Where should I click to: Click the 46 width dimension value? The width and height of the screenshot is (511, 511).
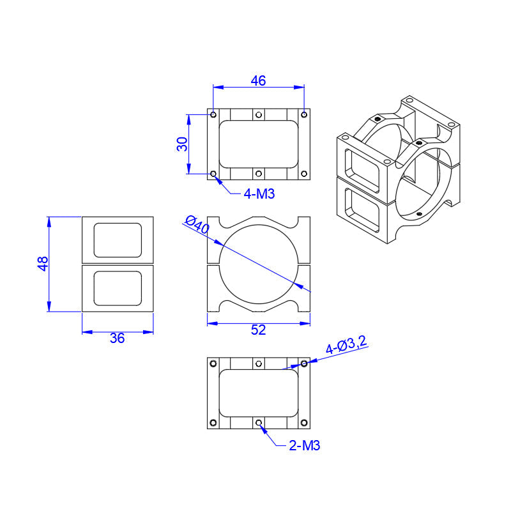point(258,80)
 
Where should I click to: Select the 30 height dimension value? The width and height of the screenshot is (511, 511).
point(183,144)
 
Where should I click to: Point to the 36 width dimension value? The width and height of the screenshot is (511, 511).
point(117,339)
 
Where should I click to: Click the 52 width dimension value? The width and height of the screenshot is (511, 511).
point(258,330)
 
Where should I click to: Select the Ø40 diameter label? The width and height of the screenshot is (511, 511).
point(197,224)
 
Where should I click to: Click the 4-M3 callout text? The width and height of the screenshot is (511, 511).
point(259,194)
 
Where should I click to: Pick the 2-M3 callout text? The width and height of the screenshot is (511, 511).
point(304,446)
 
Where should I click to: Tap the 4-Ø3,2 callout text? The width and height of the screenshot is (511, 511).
point(346,346)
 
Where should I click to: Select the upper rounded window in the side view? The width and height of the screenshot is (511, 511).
point(118,240)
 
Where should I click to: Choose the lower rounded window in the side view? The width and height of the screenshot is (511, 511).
point(118,288)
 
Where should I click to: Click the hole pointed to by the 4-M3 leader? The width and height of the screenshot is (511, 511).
point(213,173)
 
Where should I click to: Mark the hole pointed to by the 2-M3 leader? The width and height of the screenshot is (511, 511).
point(259,422)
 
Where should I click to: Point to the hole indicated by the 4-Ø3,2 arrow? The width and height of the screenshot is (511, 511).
point(304,363)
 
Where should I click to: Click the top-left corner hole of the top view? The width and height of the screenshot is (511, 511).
point(213,115)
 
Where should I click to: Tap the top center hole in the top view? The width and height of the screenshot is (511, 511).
point(259,115)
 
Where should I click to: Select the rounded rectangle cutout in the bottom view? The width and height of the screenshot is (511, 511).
point(259,393)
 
